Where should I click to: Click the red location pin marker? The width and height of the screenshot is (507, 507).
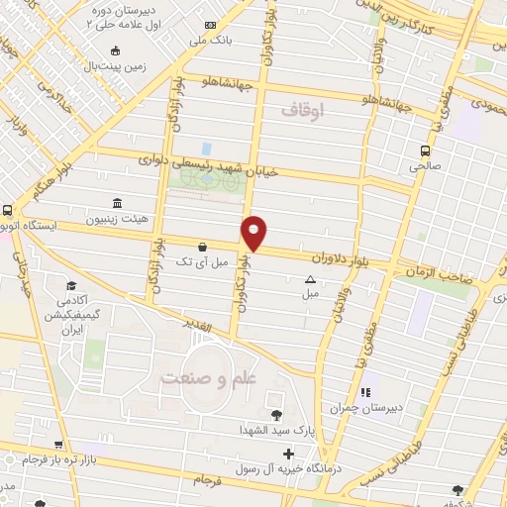tap(254, 232)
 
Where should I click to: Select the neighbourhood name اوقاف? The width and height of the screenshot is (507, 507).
tap(302, 110)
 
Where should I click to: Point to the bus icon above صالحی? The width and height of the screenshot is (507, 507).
tap(425, 152)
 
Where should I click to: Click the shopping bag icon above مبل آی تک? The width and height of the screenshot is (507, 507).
tap(203, 247)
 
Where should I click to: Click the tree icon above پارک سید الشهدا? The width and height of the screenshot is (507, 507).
tap(275, 415)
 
